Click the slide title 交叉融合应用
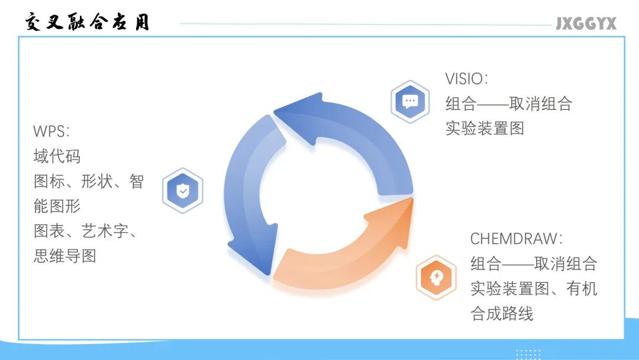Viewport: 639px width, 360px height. coord(88,22)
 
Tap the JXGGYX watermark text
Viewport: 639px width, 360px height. coord(586,24)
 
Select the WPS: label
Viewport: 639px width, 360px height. coord(51,131)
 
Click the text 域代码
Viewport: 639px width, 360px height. coord(57,156)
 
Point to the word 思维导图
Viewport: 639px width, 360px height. coord(64,256)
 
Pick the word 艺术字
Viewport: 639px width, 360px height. coord(105,231)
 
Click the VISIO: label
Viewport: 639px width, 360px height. coord(467,79)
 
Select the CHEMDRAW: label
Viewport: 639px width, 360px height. coord(517,239)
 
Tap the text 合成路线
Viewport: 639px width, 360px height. coord(502,313)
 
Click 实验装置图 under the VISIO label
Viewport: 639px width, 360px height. coord(485,128)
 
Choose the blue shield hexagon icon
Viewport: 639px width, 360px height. coord(183,191)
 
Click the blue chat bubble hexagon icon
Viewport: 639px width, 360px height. coord(410,101)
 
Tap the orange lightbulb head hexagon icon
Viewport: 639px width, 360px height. coord(435,277)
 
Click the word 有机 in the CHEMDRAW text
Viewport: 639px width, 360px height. coord(582,288)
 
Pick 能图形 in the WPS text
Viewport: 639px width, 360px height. coord(57,206)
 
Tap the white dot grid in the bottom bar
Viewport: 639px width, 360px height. coord(528,354)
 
